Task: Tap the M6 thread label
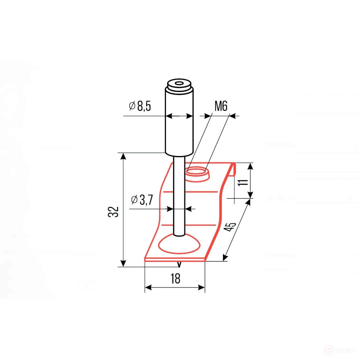click(x=221, y=106)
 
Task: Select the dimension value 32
click(x=114, y=212)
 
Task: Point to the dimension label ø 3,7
click(x=142, y=200)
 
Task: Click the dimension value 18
click(x=175, y=278)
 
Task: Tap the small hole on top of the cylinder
click(x=179, y=84)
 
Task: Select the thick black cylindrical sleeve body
click(x=179, y=129)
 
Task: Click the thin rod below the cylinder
click(x=179, y=194)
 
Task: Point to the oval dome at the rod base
click(x=179, y=245)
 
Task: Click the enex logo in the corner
click(x=341, y=350)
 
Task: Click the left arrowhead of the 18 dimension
click(x=148, y=287)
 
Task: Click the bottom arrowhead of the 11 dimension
click(x=250, y=195)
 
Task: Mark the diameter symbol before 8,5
click(x=132, y=106)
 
